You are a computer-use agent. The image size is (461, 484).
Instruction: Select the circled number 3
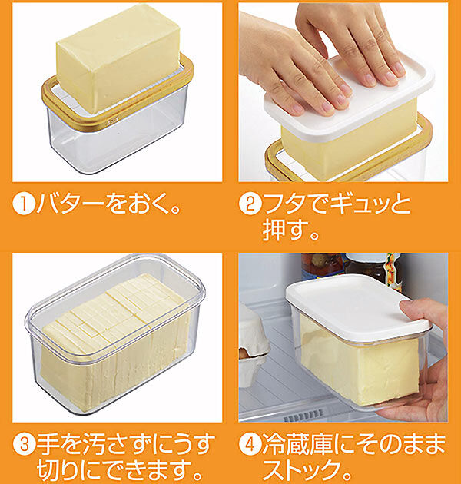(x=25, y=444)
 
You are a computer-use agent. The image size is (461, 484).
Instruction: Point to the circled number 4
(x=250, y=444)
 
